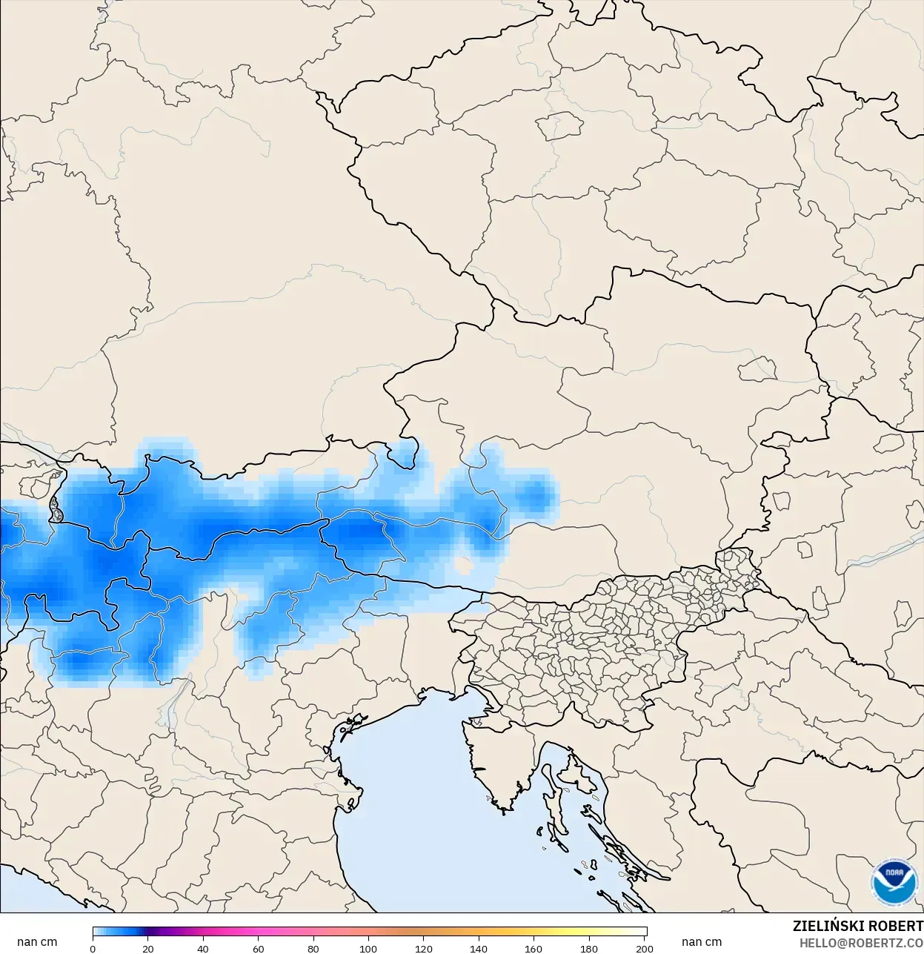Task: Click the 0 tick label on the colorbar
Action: (93, 948)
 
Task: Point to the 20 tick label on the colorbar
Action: (148, 948)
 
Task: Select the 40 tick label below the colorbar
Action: (203, 948)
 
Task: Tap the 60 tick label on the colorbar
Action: (258, 948)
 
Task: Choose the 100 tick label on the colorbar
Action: (368, 948)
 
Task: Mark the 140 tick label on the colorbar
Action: (479, 948)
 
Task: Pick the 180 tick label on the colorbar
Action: (589, 948)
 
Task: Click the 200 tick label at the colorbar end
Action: (645, 948)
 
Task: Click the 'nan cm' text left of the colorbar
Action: (37, 941)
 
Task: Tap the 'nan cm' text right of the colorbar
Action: (701, 941)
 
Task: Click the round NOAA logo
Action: (894, 882)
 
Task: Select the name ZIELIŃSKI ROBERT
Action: (857, 926)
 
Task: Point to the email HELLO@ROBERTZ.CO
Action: (861, 942)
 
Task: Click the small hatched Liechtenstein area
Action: (56, 510)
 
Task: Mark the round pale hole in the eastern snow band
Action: (465, 566)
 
